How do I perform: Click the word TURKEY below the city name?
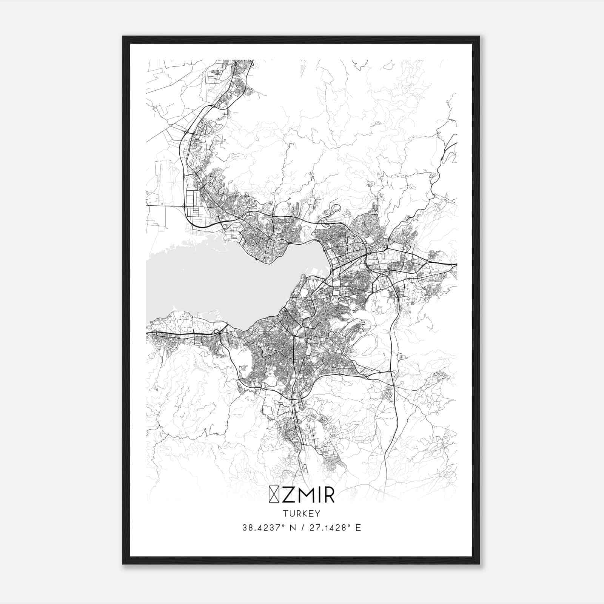point(302,513)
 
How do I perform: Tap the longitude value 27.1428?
point(327,528)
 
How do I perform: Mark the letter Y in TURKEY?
point(318,513)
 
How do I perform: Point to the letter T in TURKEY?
point(285,513)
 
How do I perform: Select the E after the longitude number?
point(358,528)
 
